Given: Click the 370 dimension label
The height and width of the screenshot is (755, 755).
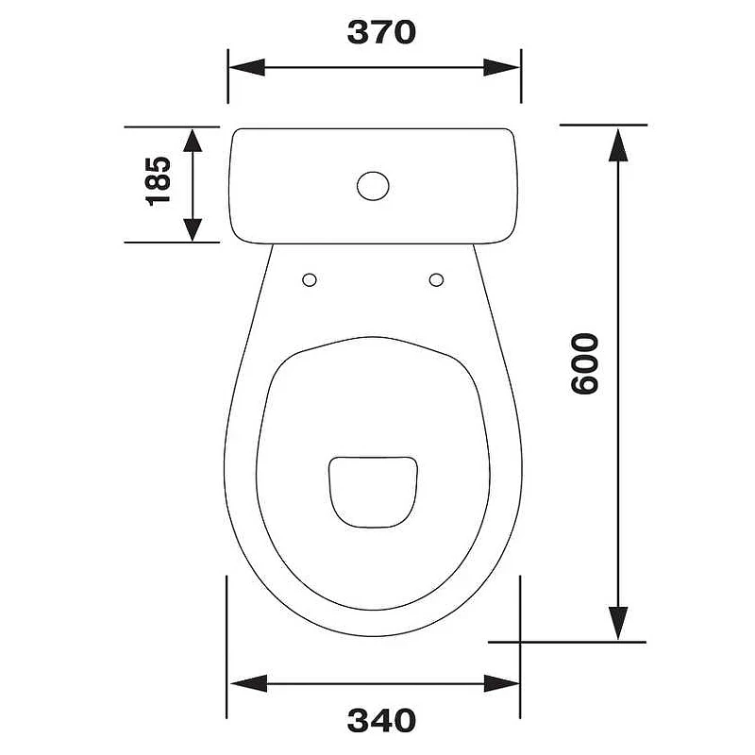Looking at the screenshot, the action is pyautogui.click(x=381, y=33).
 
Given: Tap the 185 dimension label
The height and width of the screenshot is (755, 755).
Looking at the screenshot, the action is pyautogui.click(x=159, y=181).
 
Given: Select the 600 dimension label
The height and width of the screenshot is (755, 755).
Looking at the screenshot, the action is pyautogui.click(x=584, y=364).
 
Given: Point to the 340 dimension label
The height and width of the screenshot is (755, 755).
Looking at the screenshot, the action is pyautogui.click(x=381, y=721).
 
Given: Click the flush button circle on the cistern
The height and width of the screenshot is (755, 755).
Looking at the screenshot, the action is pyautogui.click(x=373, y=186).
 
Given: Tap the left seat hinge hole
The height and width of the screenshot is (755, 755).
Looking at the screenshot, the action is pyautogui.click(x=310, y=279).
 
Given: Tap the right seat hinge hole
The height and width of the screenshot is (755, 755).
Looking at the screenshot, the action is pyautogui.click(x=436, y=279).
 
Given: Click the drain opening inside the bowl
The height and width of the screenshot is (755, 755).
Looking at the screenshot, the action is pyautogui.click(x=373, y=492).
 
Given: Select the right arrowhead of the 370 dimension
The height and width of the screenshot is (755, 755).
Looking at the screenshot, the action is pyautogui.click(x=502, y=67).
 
